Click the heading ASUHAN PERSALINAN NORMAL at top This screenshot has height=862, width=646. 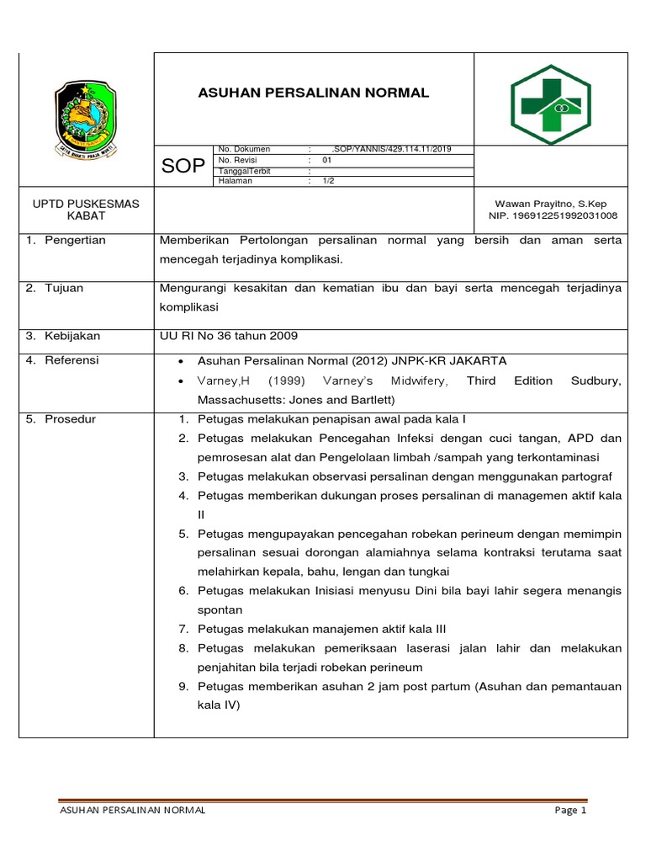click(x=313, y=93)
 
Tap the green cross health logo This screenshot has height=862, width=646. click(x=551, y=104)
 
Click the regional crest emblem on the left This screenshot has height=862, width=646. click(x=86, y=118)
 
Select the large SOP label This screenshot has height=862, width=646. click(x=183, y=167)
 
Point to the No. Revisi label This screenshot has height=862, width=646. click(x=238, y=160)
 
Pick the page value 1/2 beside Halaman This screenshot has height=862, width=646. click(x=329, y=180)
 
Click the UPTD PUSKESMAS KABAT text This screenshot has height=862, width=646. click(x=86, y=210)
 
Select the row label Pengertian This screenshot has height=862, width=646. click(x=76, y=241)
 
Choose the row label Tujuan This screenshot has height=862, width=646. click(x=66, y=288)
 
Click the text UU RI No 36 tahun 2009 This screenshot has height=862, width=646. click(x=229, y=336)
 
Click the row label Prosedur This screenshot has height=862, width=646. click(x=71, y=419)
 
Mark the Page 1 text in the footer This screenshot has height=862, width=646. click(x=569, y=811)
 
